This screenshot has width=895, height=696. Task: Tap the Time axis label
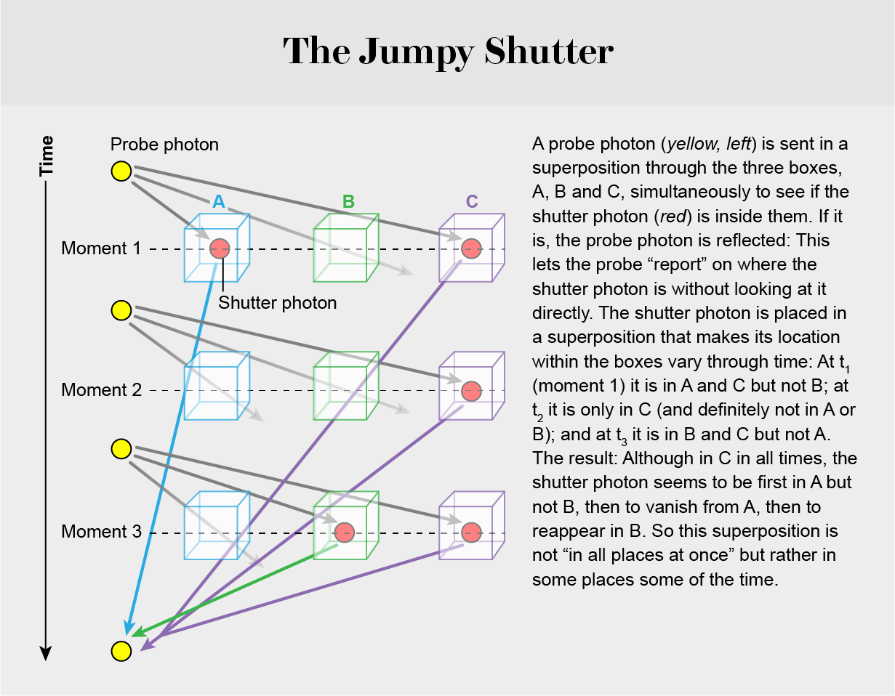click(x=47, y=155)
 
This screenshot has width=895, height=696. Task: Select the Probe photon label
click(x=164, y=145)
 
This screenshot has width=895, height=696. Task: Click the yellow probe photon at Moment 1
click(x=121, y=171)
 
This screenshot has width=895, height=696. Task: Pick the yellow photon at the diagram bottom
click(x=121, y=650)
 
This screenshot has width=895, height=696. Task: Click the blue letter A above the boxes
click(x=218, y=202)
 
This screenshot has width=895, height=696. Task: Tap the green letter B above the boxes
click(x=348, y=202)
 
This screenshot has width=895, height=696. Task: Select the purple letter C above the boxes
click(x=473, y=202)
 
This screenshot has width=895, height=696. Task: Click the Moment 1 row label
click(x=101, y=248)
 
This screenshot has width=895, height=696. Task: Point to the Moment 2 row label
click(x=101, y=390)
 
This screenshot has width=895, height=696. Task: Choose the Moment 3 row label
click(x=101, y=532)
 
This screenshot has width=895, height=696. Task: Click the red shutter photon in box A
click(x=220, y=248)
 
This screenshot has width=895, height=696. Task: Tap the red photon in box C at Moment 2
click(x=472, y=390)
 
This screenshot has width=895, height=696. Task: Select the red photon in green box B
click(x=345, y=532)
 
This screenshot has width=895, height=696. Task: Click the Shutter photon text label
click(x=278, y=302)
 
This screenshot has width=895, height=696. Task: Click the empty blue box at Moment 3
click(x=216, y=527)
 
